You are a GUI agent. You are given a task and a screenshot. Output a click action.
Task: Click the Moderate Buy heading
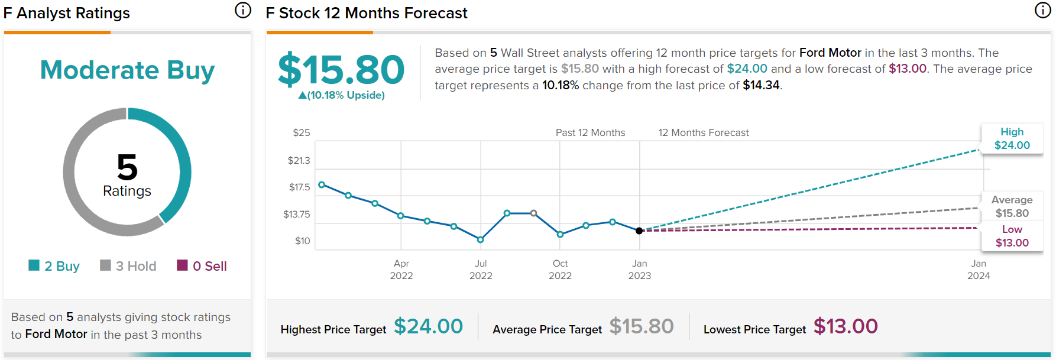[x=127, y=70]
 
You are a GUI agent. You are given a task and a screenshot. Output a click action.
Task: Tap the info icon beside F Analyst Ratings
[x=243, y=10]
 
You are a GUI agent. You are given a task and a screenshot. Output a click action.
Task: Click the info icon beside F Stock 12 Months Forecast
[x=1042, y=10]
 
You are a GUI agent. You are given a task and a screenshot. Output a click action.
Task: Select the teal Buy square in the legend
[x=34, y=265]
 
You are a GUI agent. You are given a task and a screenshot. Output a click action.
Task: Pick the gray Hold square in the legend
[x=105, y=265]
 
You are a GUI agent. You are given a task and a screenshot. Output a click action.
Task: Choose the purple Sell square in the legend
[x=182, y=265]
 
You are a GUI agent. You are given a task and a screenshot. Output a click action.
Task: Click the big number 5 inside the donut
[x=127, y=167]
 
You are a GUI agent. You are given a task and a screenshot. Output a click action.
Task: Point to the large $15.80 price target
[x=341, y=70]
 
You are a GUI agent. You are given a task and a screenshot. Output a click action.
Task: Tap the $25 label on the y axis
[x=302, y=133]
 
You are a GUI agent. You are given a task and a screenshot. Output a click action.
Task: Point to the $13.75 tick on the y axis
[x=296, y=214]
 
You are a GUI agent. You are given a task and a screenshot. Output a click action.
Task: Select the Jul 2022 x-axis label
[x=481, y=270]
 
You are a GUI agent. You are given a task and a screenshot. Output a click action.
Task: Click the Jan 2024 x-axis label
[x=979, y=270]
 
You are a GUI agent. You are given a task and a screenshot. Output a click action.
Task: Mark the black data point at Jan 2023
[x=639, y=231]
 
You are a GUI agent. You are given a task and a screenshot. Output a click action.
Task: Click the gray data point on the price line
[x=534, y=213]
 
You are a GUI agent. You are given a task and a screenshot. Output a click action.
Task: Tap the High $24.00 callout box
[x=1012, y=139]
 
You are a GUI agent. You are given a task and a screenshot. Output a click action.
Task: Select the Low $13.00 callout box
[x=1012, y=236]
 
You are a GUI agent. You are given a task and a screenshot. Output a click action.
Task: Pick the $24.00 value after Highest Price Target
[x=428, y=326]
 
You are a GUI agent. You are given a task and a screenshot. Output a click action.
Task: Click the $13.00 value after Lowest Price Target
[x=846, y=326]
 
